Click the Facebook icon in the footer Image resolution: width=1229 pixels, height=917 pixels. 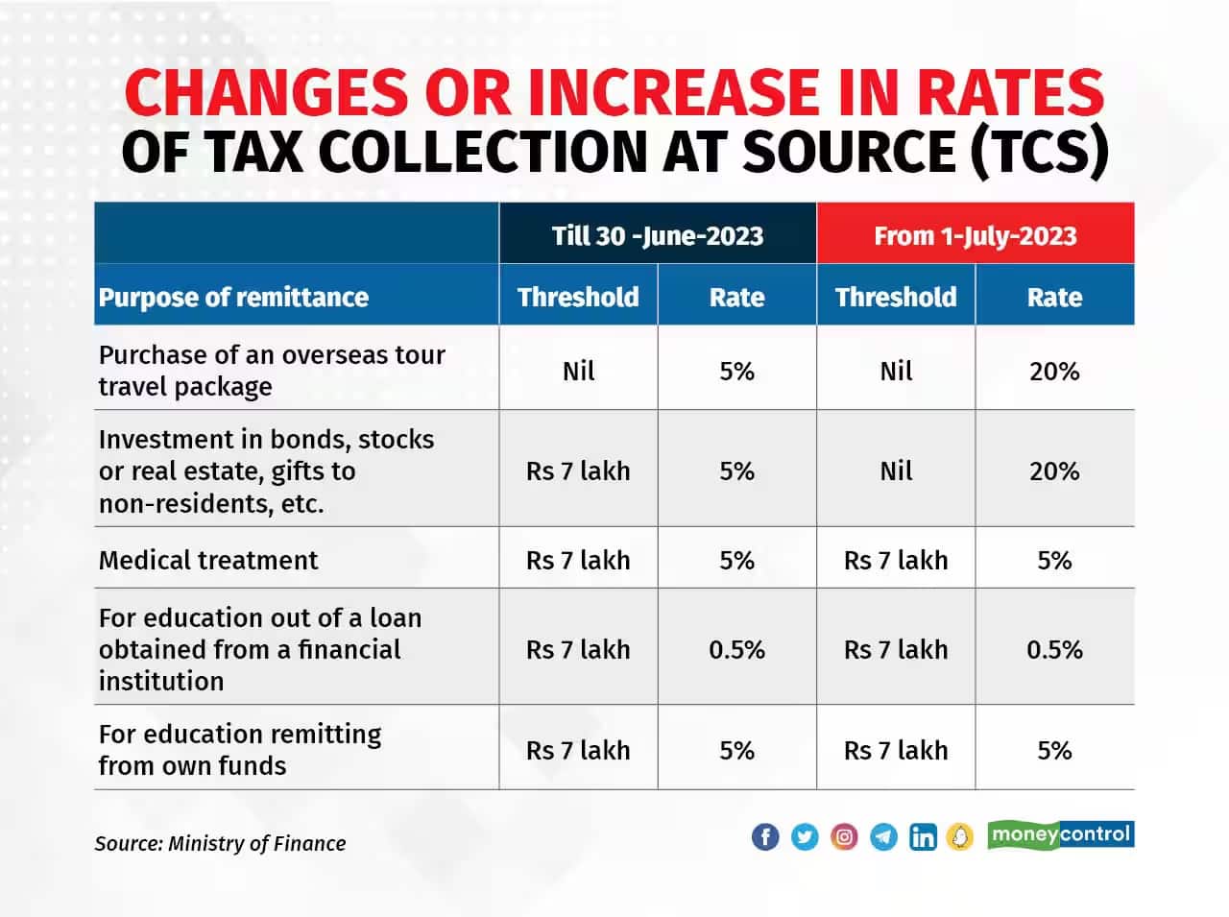(x=765, y=836)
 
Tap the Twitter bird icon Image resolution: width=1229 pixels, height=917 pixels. (x=805, y=836)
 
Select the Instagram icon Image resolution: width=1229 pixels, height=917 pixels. (x=844, y=836)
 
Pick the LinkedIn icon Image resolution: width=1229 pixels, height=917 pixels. (x=923, y=836)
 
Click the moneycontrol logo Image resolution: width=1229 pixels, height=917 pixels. (x=1060, y=834)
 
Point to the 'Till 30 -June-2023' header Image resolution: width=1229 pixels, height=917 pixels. (x=658, y=235)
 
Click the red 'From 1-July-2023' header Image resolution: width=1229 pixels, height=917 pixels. (x=975, y=235)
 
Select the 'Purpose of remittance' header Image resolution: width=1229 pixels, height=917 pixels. (x=233, y=297)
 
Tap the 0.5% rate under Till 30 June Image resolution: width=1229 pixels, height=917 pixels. (x=736, y=649)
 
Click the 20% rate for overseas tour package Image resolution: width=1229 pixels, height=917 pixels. (x=1054, y=371)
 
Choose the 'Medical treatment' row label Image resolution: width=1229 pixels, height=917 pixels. (x=208, y=560)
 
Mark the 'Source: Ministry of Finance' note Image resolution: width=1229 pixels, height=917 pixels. (x=220, y=843)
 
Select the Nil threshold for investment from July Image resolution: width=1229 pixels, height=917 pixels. (x=896, y=471)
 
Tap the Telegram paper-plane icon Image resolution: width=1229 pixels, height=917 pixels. (x=883, y=836)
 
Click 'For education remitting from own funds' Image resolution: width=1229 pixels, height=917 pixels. (x=240, y=750)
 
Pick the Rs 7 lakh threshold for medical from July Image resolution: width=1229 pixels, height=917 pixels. (x=896, y=560)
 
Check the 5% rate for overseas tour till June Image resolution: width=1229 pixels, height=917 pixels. (x=736, y=371)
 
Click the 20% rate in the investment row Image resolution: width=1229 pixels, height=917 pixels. (x=1054, y=471)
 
